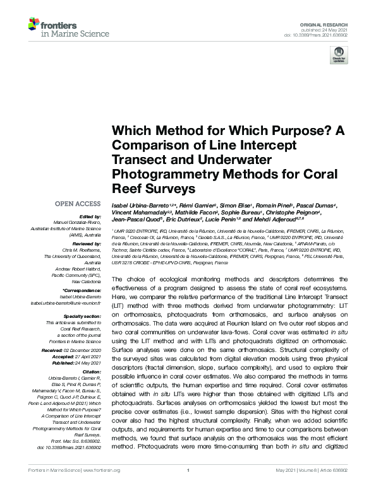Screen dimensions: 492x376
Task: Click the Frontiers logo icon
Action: [33, 25]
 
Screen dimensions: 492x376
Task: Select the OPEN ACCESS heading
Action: [78, 204]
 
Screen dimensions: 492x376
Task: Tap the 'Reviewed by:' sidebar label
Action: [85, 242]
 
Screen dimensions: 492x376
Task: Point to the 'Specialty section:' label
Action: [82, 316]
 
